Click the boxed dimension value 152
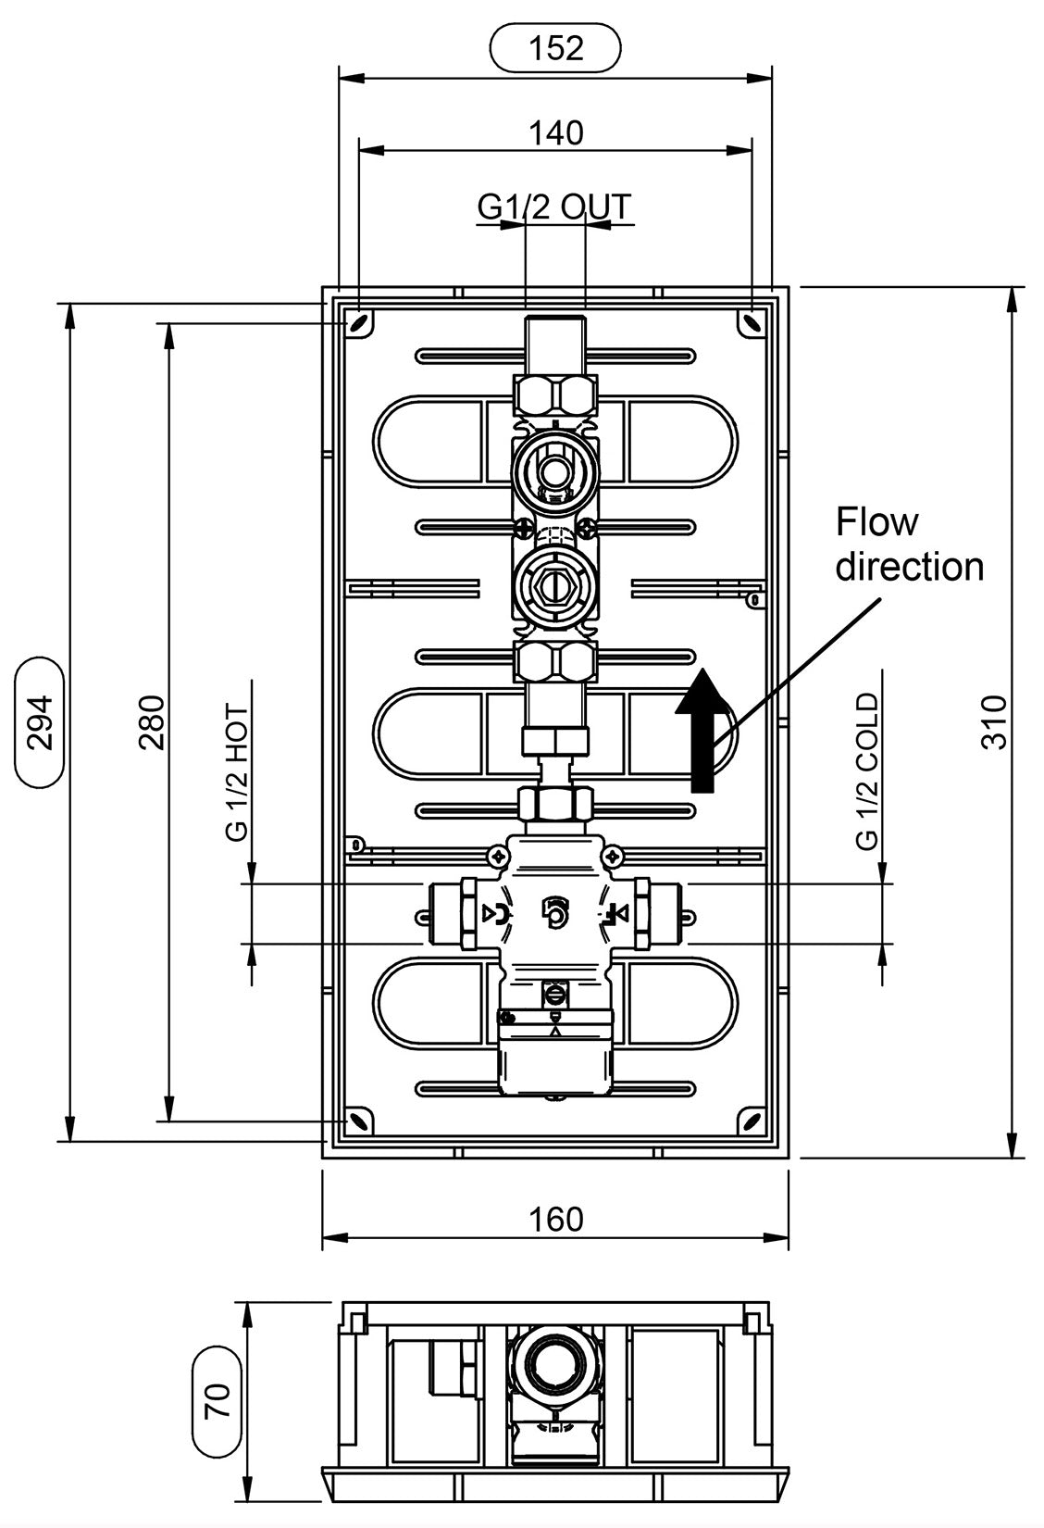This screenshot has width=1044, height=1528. point(555,48)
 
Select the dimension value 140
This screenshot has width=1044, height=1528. point(556,133)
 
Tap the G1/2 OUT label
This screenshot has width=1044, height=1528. point(554,207)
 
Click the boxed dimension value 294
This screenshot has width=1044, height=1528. point(40,721)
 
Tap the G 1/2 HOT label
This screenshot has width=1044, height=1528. point(237,772)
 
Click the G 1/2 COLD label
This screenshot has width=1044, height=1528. point(867,770)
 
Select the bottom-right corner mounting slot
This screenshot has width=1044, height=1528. point(752,1121)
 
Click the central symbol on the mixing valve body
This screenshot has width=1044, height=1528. point(554,913)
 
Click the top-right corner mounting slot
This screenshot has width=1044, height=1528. point(752,323)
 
